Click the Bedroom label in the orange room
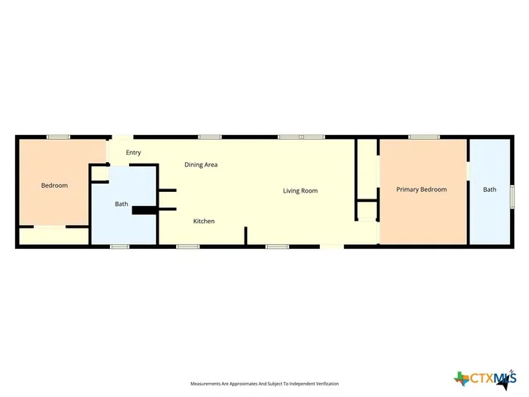(55, 185)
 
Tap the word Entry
(133, 152)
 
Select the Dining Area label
(201, 165)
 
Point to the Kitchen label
(204, 221)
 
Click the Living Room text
(300, 190)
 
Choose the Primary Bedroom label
(421, 189)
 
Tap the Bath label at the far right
(490, 189)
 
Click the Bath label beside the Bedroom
(122, 203)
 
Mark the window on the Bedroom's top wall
(58, 136)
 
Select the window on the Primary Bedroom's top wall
(423, 136)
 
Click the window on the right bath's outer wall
(512, 197)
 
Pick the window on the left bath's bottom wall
(120, 246)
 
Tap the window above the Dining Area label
(209, 136)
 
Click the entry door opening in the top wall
(122, 137)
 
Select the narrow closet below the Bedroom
(54, 236)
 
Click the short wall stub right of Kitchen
(245, 236)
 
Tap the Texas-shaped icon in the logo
(461, 379)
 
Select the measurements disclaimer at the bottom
(264, 384)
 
